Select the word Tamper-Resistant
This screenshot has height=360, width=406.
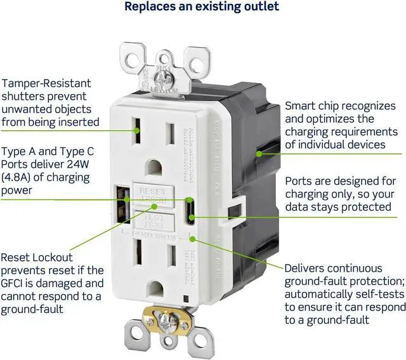coord(47,83)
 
